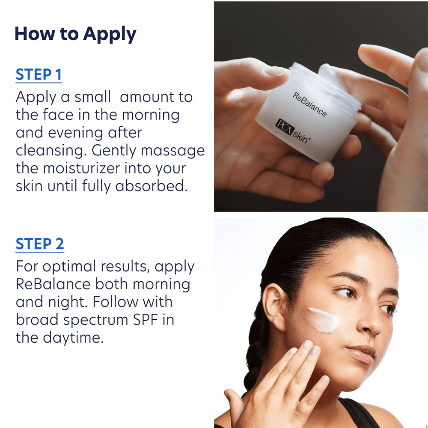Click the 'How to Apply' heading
click(75, 34)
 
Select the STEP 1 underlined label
click(39, 75)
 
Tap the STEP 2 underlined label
click(40, 244)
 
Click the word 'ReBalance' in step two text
click(53, 285)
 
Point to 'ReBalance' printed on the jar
click(310, 104)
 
